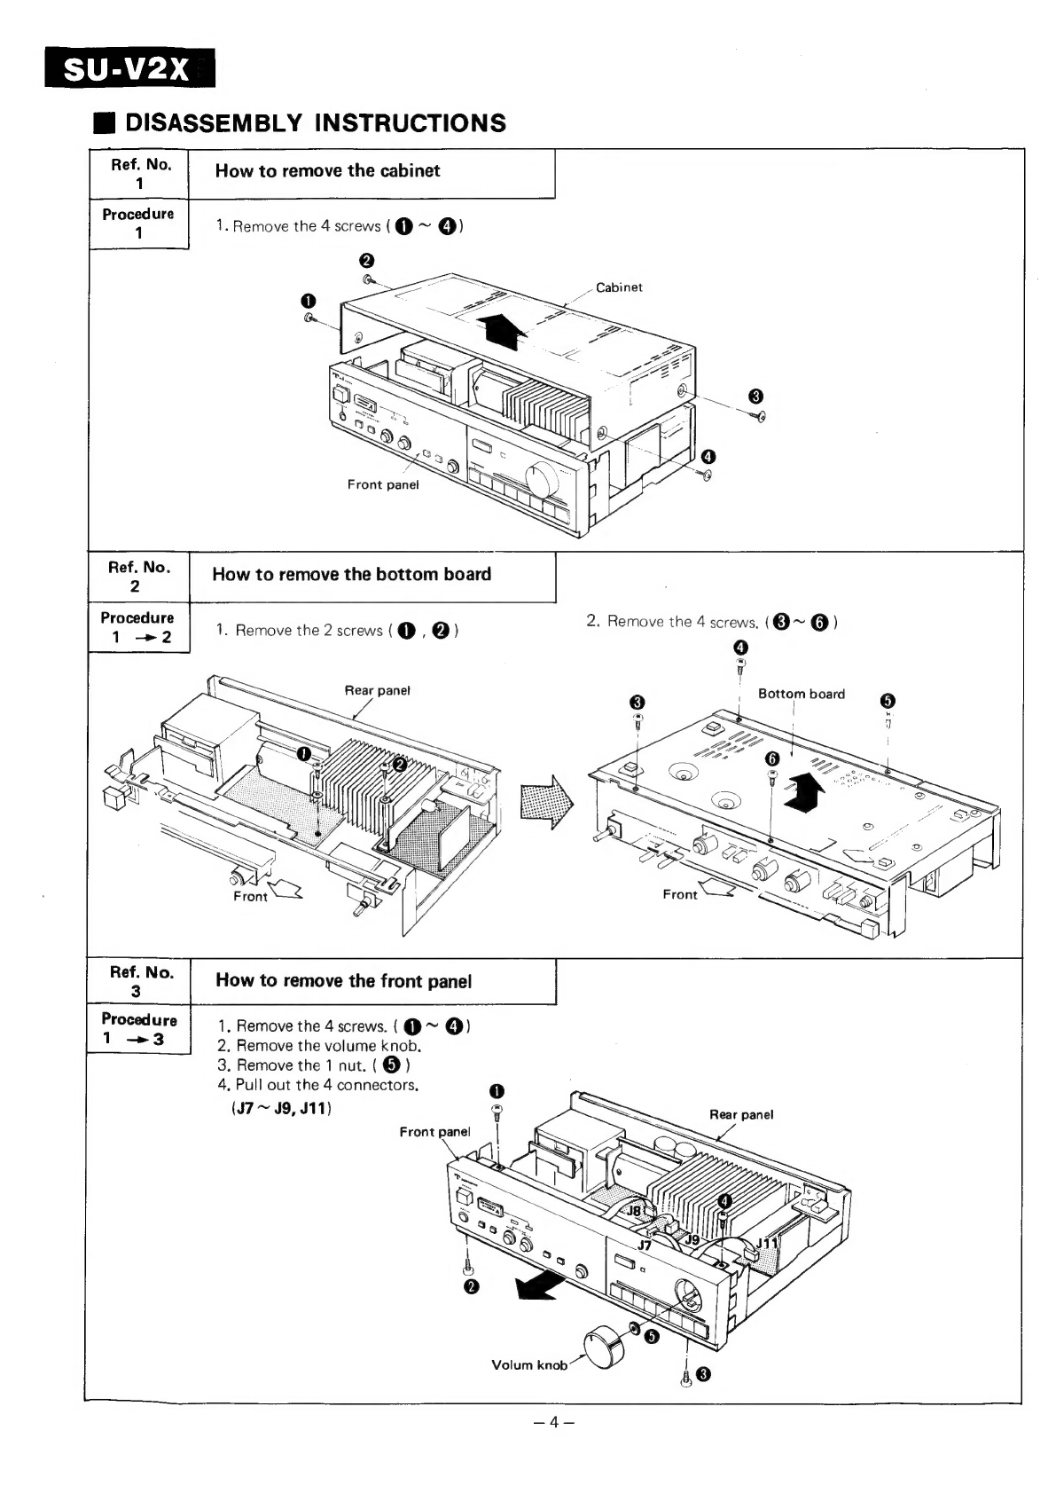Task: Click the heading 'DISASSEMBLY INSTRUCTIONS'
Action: pyautogui.click(x=315, y=122)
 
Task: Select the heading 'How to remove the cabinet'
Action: pyautogui.click(x=327, y=171)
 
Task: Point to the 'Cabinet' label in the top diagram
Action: pyautogui.click(x=619, y=287)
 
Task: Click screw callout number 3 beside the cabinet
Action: pyautogui.click(x=755, y=396)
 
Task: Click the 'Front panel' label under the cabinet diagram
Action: pyautogui.click(x=382, y=484)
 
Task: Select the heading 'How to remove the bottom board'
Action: pyautogui.click(x=351, y=574)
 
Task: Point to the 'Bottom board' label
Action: pyautogui.click(x=802, y=694)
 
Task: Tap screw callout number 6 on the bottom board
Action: pyautogui.click(x=771, y=758)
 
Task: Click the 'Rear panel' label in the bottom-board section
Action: pyautogui.click(x=377, y=690)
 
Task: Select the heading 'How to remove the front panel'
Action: pyautogui.click(x=344, y=980)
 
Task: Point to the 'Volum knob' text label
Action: pyautogui.click(x=529, y=1365)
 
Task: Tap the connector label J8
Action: pyautogui.click(x=635, y=1211)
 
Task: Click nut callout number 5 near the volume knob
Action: pyautogui.click(x=651, y=1338)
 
